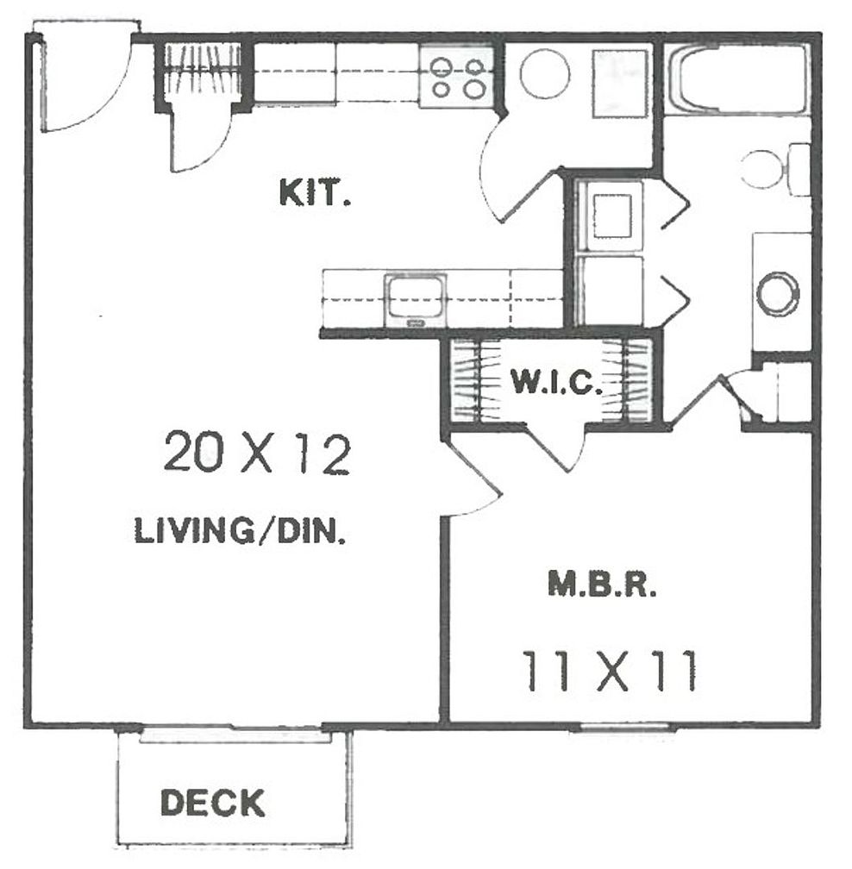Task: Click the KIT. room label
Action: [x=315, y=193]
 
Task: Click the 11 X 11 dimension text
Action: [x=609, y=673]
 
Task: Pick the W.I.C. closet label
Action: [x=555, y=381]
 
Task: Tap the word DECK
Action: [x=212, y=803]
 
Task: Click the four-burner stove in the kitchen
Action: [x=456, y=76]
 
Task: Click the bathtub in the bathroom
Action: [x=739, y=79]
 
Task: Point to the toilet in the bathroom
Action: [x=772, y=169]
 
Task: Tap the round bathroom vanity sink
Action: [x=778, y=292]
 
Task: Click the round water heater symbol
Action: [x=544, y=73]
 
